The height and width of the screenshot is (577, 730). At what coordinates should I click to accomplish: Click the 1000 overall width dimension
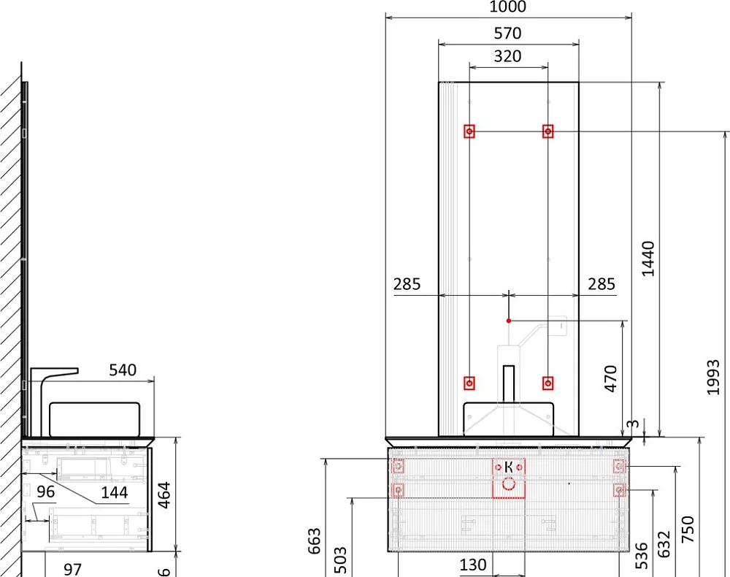click(507, 7)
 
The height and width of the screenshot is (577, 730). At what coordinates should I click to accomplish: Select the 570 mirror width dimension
click(507, 34)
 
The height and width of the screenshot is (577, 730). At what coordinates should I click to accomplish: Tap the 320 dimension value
click(507, 56)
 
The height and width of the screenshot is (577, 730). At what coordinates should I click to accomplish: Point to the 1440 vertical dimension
click(648, 259)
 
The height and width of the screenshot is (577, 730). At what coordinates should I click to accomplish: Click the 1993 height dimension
click(712, 377)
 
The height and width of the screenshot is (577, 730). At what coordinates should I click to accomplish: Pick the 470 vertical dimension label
click(610, 378)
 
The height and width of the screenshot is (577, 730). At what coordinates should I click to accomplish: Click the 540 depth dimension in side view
click(123, 370)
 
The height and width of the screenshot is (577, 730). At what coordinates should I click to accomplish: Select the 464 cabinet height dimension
click(164, 494)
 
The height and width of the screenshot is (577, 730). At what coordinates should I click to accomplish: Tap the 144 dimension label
click(115, 492)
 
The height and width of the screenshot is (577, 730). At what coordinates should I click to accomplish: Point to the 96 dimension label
click(45, 492)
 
